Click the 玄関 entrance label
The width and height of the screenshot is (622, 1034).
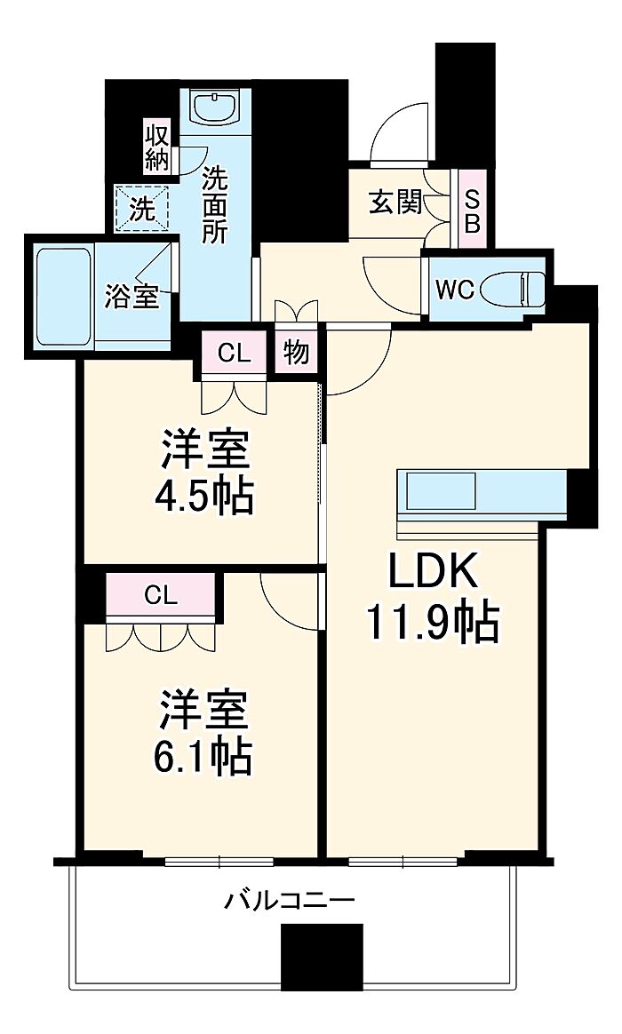coord(395,203)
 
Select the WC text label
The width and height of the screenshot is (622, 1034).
coord(455,290)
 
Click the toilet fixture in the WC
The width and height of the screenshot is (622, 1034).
coord(512,289)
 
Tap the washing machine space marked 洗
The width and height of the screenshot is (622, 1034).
coord(142,210)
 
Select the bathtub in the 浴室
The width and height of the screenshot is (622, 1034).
coord(63,296)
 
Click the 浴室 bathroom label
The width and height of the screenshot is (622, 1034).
coord(132,298)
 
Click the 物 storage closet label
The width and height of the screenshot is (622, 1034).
coord(297,352)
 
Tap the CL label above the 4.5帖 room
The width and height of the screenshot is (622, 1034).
coord(235,354)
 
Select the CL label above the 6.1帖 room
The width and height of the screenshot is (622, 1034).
coord(162,596)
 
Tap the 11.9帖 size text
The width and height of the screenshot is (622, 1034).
coord(433,624)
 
